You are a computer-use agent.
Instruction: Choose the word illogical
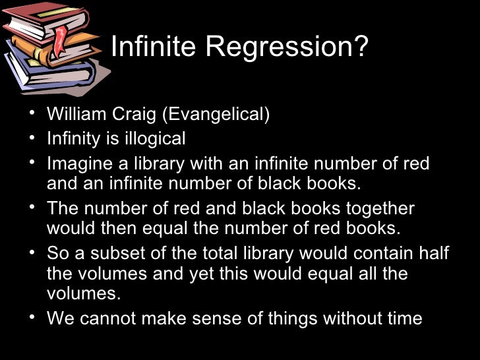click(154, 138)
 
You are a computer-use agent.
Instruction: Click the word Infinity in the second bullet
click(73, 138)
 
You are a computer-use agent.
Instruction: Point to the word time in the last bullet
click(402, 319)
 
